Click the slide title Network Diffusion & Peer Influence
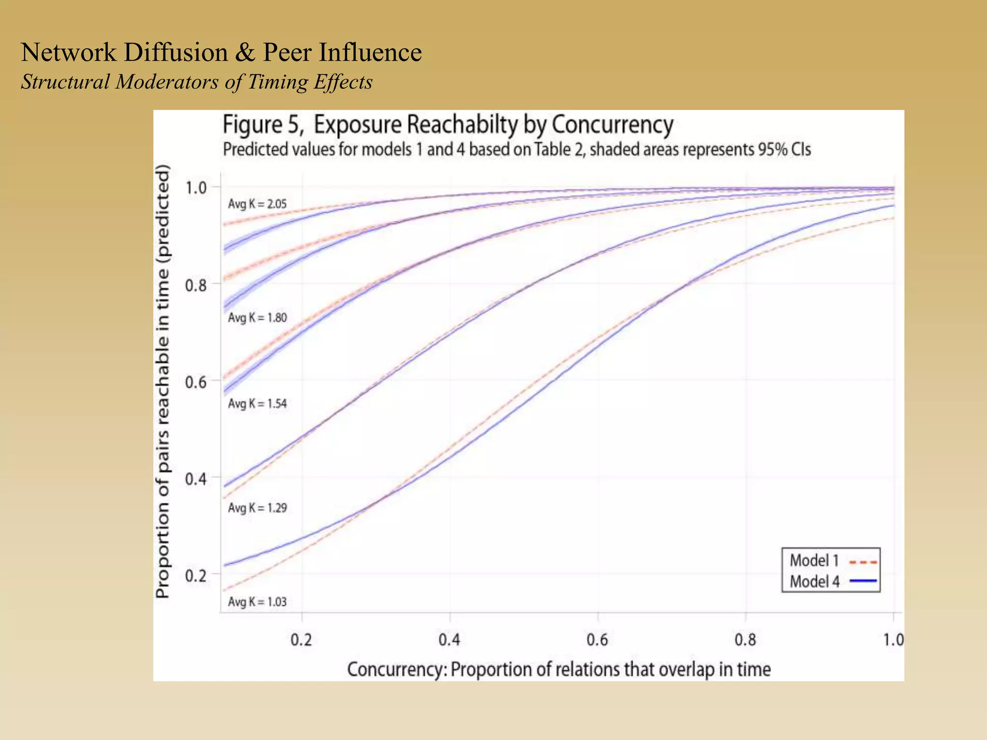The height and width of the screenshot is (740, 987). (221, 53)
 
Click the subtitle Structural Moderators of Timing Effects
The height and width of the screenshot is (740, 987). (197, 82)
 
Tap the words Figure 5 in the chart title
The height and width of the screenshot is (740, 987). (263, 125)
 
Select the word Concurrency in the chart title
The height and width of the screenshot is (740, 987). (612, 125)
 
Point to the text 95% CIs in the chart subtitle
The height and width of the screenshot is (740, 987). (784, 150)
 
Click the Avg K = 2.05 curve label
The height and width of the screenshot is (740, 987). (257, 204)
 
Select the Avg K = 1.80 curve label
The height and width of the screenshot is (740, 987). (257, 318)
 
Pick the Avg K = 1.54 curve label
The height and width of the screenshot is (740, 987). (257, 404)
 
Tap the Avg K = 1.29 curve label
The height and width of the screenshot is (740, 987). (257, 508)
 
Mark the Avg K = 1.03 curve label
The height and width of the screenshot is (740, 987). (257, 602)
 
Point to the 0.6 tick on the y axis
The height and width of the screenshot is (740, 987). (196, 383)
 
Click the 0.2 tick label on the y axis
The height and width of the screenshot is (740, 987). (196, 576)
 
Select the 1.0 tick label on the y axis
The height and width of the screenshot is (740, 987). (196, 187)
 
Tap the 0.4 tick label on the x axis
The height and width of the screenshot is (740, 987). (449, 640)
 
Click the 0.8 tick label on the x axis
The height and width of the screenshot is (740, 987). (746, 640)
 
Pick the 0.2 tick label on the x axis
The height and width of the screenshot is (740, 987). (301, 640)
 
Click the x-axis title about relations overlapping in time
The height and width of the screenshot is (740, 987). (559, 670)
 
